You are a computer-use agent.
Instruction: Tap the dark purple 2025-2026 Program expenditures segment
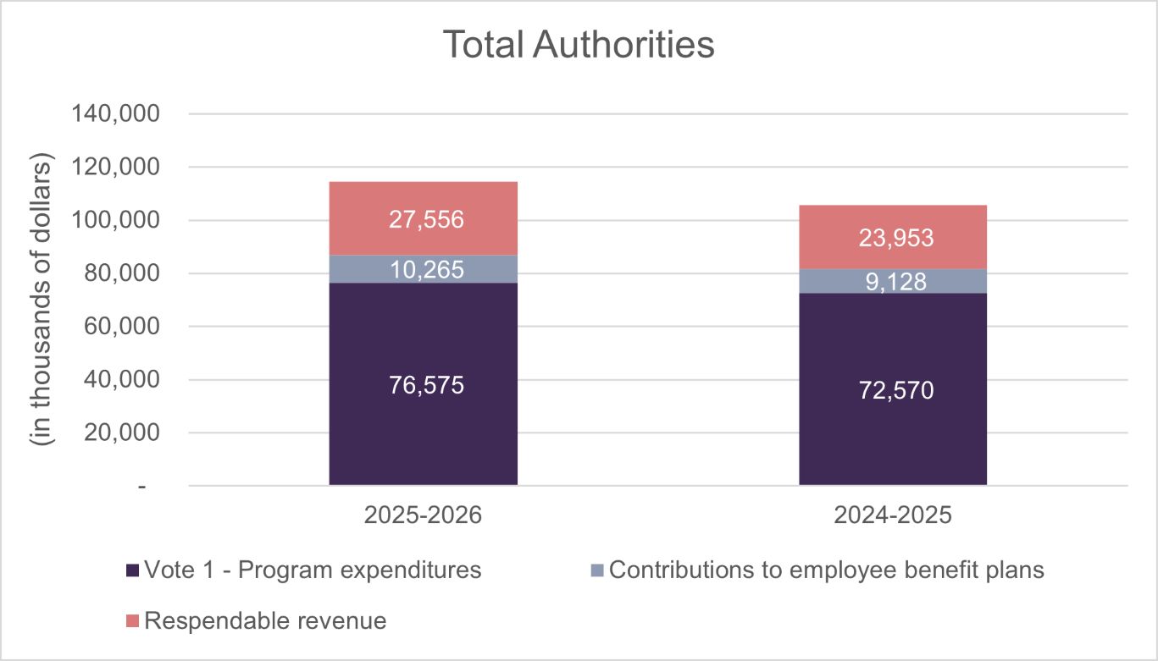[423, 423]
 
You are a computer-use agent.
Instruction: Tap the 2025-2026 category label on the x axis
[423, 515]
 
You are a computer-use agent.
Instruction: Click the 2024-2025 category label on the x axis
[893, 515]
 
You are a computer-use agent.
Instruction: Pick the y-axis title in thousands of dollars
[42, 300]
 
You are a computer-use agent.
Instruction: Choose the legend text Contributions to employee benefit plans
[826, 570]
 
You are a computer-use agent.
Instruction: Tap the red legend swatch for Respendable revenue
[132, 621]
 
